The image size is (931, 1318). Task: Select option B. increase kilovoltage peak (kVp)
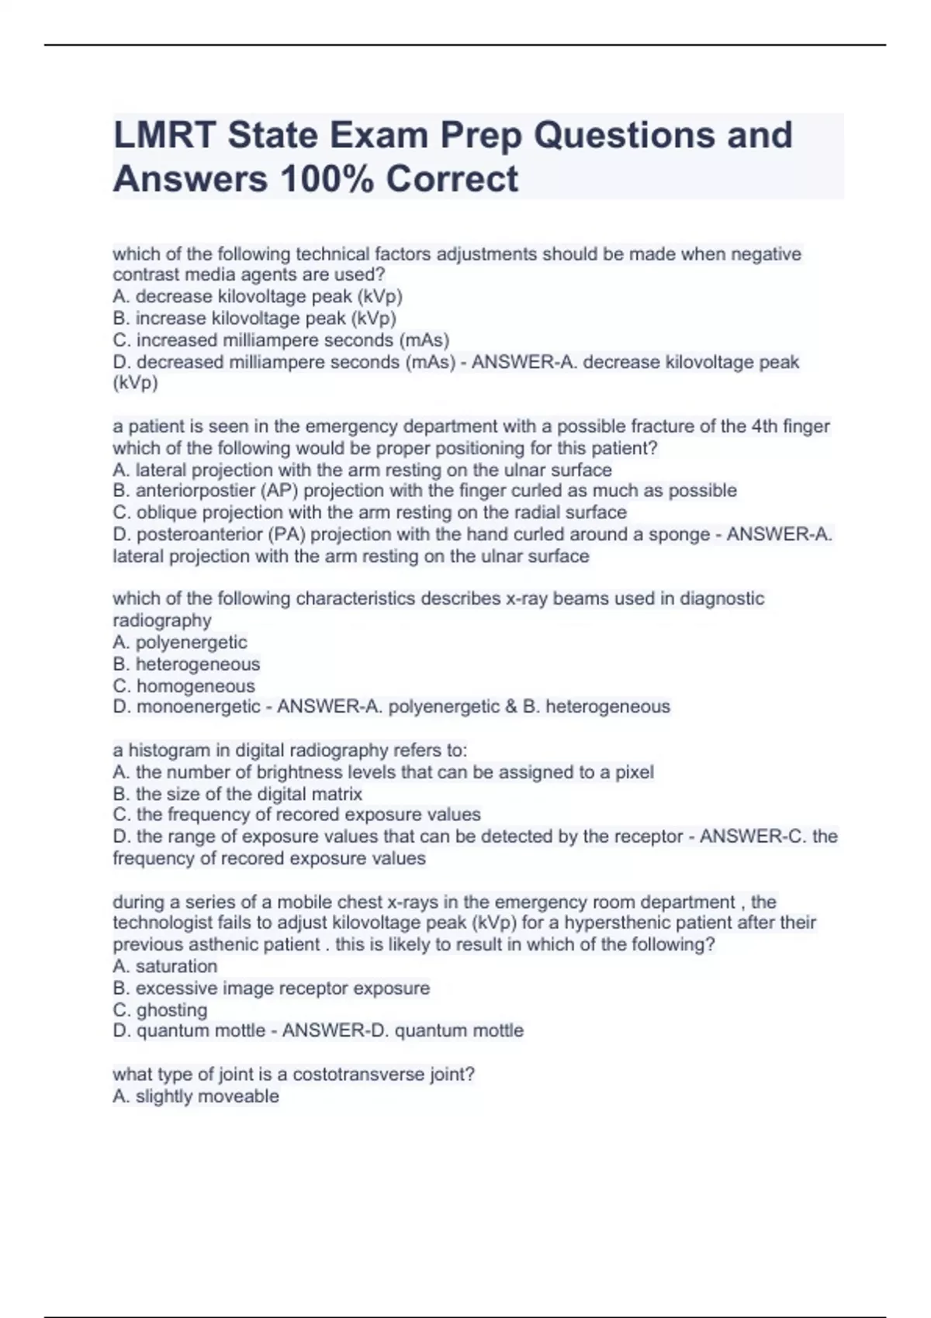[x=254, y=319]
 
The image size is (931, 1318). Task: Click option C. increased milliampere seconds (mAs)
[x=281, y=340]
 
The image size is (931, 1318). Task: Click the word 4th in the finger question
[x=766, y=426]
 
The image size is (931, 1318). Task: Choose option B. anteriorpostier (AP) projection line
[x=424, y=491]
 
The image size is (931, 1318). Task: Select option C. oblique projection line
[x=369, y=512]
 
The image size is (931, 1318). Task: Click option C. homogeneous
[x=184, y=686]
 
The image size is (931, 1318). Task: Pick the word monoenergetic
[x=199, y=707]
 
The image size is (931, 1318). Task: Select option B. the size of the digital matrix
[x=237, y=794]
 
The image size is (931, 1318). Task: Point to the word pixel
[x=635, y=772]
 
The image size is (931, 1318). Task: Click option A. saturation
[x=165, y=966]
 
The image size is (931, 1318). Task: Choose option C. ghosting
[x=160, y=1010]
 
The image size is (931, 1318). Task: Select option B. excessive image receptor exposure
[x=271, y=988]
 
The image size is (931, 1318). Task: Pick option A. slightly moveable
[x=196, y=1096]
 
